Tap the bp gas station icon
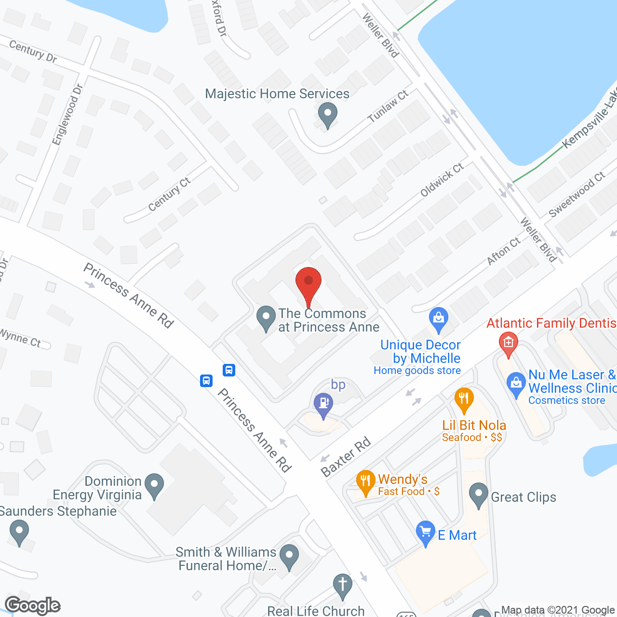click(323, 404)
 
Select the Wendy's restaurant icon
click(365, 482)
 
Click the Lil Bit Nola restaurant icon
click(464, 399)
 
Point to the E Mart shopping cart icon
click(425, 533)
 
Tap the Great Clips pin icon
click(478, 495)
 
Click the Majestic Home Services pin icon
click(328, 115)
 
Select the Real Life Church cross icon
click(342, 586)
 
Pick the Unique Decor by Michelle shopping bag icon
click(438, 319)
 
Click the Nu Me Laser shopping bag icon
click(516, 384)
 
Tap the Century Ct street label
click(169, 194)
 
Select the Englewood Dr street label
click(67, 115)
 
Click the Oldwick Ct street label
click(442, 180)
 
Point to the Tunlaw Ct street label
click(388, 106)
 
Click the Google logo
click(33, 605)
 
